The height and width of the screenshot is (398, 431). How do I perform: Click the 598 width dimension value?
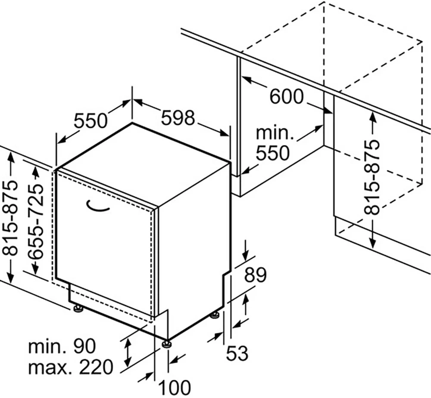click(x=178, y=118)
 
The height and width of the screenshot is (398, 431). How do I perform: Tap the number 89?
click(x=255, y=275)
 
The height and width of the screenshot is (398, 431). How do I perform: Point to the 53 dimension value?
click(x=237, y=353)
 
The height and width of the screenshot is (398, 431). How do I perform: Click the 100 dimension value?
click(x=175, y=388)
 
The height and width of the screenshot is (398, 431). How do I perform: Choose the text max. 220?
click(x=71, y=367)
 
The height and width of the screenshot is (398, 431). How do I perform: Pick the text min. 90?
click(x=62, y=346)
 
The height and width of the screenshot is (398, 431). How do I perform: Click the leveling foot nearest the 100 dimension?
click(x=167, y=344)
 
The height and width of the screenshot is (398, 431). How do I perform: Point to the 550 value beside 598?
click(x=91, y=120)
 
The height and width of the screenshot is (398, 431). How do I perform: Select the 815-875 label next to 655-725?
click(x=10, y=218)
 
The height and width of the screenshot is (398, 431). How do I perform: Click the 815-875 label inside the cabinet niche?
click(x=372, y=177)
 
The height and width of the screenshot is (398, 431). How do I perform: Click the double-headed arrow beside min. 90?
click(x=127, y=353)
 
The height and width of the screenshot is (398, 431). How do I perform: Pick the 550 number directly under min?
click(x=273, y=153)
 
